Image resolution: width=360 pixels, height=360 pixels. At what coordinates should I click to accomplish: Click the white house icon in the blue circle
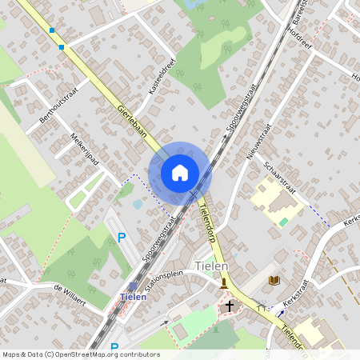coord(180,173)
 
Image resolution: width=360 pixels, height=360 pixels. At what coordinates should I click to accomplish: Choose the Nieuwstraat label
coord(259,144)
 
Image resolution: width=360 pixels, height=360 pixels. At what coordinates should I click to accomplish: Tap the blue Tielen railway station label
coord(133,297)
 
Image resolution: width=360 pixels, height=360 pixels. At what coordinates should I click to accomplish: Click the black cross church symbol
coord(230,306)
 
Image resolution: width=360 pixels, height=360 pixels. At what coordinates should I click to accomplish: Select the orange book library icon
coord(274,280)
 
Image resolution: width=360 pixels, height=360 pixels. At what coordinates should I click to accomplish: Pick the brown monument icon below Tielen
coord(225,282)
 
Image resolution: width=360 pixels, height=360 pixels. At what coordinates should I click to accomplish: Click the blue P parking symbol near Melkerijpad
coord(122,237)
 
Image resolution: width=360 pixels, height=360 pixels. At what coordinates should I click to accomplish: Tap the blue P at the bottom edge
coord(114,348)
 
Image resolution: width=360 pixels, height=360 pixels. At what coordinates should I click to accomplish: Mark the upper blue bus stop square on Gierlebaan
coord(52,30)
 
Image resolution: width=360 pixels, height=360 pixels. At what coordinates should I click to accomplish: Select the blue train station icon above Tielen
coord(133,286)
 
